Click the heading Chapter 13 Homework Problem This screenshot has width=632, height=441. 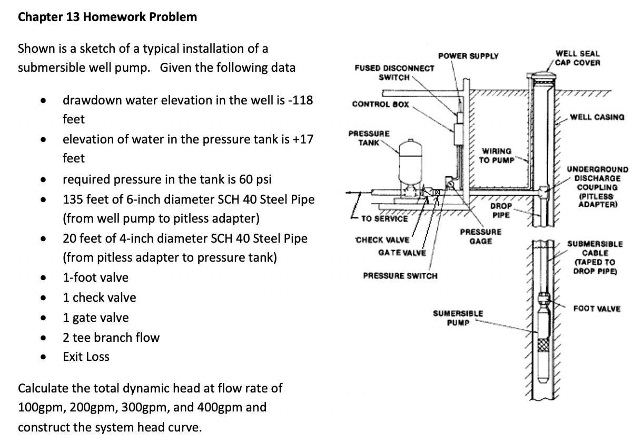coord(107,17)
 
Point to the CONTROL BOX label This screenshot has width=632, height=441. coord(380,104)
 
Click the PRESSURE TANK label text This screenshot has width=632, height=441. coord(369,138)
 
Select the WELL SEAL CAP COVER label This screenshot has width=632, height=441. coord(578,58)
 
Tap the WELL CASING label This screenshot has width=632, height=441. coord(597,117)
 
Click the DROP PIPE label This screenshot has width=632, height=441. coord(500,210)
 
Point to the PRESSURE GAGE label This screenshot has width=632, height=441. coord(480,236)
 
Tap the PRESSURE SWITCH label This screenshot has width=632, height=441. coord(400,276)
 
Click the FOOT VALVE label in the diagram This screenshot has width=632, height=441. coord(597,309)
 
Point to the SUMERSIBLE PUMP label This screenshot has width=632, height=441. coord(458,318)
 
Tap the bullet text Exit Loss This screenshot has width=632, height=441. coord(86,357)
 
